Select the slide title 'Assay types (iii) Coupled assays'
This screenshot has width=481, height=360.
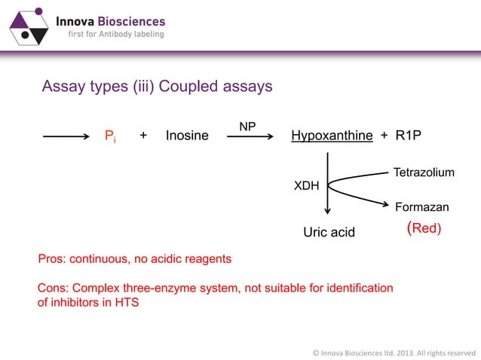click(x=157, y=87)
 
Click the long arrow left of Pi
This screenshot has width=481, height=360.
click(x=66, y=136)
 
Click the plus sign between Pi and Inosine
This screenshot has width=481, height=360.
click(x=143, y=136)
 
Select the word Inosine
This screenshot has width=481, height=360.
click(x=187, y=136)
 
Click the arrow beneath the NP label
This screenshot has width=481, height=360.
click(x=247, y=137)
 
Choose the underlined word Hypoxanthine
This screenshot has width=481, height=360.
click(x=332, y=136)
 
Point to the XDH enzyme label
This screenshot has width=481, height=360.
click(x=305, y=184)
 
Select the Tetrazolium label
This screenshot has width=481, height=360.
click(x=424, y=173)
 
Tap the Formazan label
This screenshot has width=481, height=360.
click(x=421, y=207)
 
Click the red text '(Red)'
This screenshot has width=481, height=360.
click(x=424, y=227)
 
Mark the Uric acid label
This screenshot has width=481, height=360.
click(x=328, y=232)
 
